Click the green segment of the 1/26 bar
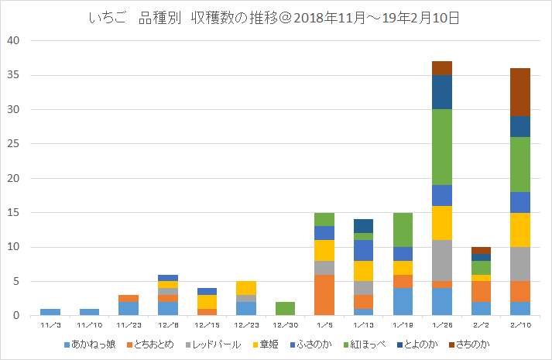pos(442,147)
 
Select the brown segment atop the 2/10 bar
pos(520,92)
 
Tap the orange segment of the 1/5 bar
pos(324,295)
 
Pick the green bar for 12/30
pos(285,309)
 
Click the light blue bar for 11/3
pos(50,312)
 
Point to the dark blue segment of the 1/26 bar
pos(442,92)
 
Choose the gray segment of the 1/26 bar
pos(442,261)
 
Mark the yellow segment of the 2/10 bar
pos(520,230)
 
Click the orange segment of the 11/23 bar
pos(129,298)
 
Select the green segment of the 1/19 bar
pos(403,230)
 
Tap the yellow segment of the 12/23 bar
pos(246,288)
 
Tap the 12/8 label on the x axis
pos(167,325)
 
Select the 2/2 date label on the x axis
pos(481,325)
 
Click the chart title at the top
pos(275,17)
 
